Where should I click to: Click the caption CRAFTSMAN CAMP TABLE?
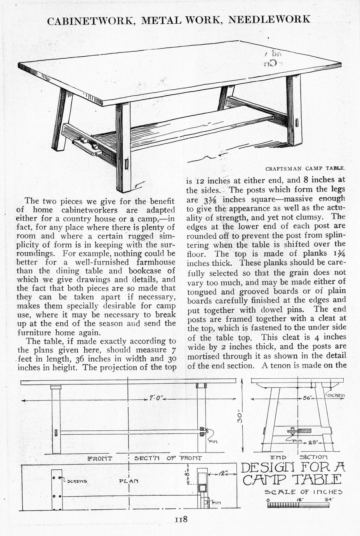(x=305, y=169)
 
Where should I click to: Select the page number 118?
(x=181, y=520)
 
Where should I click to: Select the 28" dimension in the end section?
(x=313, y=442)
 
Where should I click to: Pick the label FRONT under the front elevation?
(x=100, y=458)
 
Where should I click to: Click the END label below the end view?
(x=278, y=457)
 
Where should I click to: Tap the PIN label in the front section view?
(x=213, y=442)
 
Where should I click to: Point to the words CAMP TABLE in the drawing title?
(x=292, y=480)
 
